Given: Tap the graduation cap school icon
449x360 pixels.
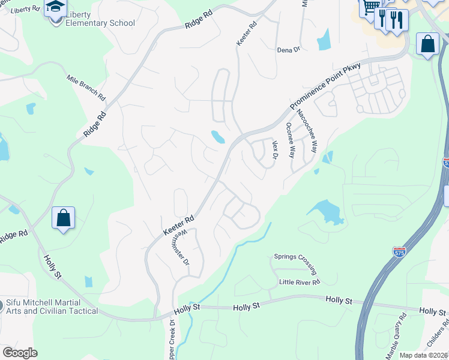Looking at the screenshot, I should click(x=55, y=8).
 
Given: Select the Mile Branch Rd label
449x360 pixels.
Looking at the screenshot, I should click(x=86, y=88).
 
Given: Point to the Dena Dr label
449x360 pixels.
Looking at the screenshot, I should click(x=288, y=50).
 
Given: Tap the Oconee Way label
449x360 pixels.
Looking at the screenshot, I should click(x=291, y=139).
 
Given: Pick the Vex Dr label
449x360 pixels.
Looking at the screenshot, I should click(x=276, y=150).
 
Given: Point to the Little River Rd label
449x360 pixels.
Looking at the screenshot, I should click(x=300, y=281).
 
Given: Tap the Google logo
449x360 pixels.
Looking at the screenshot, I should click(x=19, y=353).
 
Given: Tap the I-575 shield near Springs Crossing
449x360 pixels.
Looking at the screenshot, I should click(x=399, y=253).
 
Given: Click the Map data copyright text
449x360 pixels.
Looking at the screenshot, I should click(x=423, y=355).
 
